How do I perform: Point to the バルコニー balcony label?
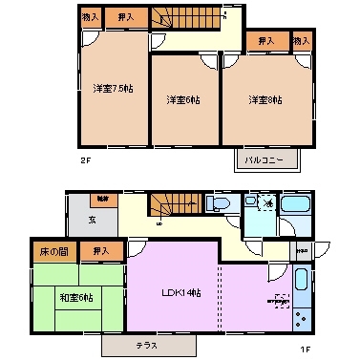[265, 159]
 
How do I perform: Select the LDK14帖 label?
[181, 290]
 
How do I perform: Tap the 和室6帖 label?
[77, 297]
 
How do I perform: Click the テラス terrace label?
[147, 344]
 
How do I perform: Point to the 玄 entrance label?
[93, 219]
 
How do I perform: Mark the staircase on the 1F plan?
[173, 204]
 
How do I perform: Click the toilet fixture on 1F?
[217, 204]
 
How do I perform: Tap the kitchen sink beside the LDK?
[302, 283]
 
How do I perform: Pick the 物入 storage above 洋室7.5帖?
[89, 16]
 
